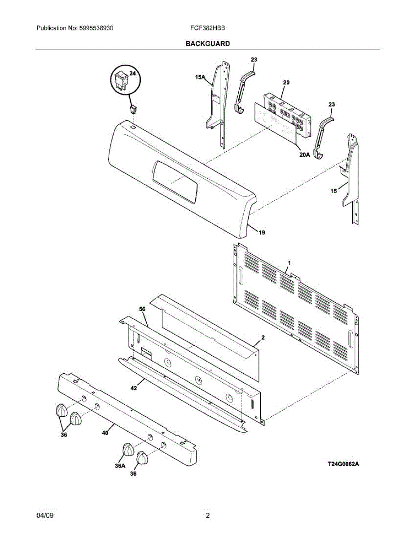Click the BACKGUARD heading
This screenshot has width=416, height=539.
(x=208, y=44)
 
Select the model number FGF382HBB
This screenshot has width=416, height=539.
(x=207, y=28)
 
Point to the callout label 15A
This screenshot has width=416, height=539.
(x=200, y=78)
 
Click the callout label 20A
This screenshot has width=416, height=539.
(x=305, y=155)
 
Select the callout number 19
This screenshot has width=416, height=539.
(x=262, y=233)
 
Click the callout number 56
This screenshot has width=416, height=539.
(x=142, y=309)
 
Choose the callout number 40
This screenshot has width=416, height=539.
(x=105, y=433)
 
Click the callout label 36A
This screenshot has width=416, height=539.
(x=120, y=466)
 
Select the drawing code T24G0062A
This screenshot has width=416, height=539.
(x=343, y=464)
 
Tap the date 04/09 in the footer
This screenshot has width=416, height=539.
(x=43, y=515)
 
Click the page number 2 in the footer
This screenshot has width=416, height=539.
(x=208, y=515)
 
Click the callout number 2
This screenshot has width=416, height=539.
(x=263, y=337)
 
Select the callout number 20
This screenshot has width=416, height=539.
(x=286, y=83)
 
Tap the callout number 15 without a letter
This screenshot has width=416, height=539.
(x=333, y=191)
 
